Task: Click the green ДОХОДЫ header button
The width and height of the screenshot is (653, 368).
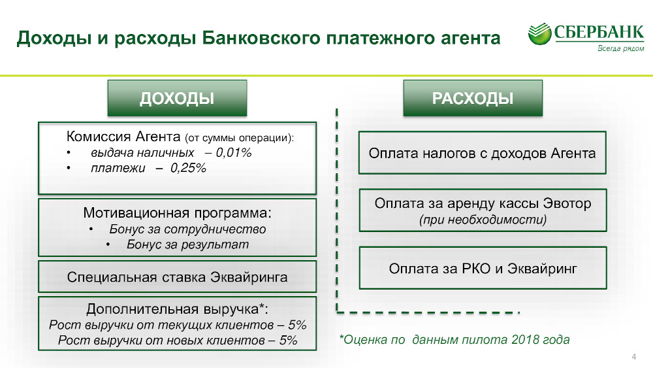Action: pos(177,98)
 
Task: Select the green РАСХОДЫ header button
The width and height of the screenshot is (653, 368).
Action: pos(473,98)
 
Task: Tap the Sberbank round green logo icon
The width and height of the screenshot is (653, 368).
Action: pos(540,34)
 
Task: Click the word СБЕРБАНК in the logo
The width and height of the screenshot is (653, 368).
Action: pos(599,32)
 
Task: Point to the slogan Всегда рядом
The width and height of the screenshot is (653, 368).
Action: pos(621,48)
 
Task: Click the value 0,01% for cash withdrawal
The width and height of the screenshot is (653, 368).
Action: pos(234,152)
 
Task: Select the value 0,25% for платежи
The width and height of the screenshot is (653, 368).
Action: pos(188,168)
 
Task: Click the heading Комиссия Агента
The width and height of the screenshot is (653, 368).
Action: pos(123,136)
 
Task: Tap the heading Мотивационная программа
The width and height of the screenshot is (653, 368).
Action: pos(177,213)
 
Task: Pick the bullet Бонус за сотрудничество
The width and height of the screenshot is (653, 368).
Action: pos(187,229)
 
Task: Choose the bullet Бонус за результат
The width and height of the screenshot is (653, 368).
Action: pos(187,244)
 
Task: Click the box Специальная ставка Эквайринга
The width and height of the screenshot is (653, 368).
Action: pos(177,276)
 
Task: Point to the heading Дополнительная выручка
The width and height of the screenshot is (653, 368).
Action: pos(177,309)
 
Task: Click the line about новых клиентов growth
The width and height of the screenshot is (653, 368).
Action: pos(178,340)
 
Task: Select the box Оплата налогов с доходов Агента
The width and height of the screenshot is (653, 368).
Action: pos(483,152)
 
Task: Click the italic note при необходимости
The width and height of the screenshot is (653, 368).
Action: pos(483,219)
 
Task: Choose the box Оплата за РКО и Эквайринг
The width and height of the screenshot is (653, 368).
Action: pos(483,268)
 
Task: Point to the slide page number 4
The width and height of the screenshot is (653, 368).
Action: pos(634,357)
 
